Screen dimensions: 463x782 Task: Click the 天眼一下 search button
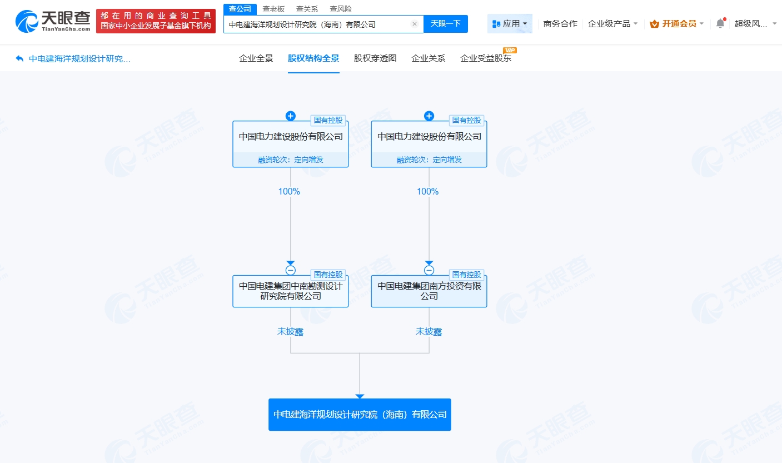coord(445,24)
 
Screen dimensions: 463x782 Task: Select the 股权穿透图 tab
coord(375,58)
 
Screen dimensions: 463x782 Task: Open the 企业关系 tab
coord(428,58)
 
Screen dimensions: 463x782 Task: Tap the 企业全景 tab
coord(256,58)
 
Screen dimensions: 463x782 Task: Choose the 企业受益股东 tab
coord(486,58)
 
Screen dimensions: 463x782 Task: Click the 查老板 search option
coord(273,9)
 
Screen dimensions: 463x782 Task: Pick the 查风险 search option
coord(340,9)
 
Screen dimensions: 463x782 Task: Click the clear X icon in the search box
coord(414,24)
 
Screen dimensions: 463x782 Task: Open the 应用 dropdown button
coord(510,24)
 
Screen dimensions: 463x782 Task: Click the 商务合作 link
coord(560,24)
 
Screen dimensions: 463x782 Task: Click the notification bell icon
coord(720,23)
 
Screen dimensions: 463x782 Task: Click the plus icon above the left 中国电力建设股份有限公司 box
coord(290,116)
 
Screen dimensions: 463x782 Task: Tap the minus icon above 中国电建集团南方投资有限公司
coord(429,270)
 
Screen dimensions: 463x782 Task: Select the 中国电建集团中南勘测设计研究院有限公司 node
coord(290,291)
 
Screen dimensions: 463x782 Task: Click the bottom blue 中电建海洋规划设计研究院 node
coord(360,415)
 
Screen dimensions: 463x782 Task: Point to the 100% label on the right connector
coord(428,191)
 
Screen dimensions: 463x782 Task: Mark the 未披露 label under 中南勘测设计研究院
coord(290,332)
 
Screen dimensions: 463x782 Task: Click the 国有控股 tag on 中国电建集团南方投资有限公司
coord(466,275)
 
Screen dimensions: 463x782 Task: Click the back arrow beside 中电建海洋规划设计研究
coord(20,58)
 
